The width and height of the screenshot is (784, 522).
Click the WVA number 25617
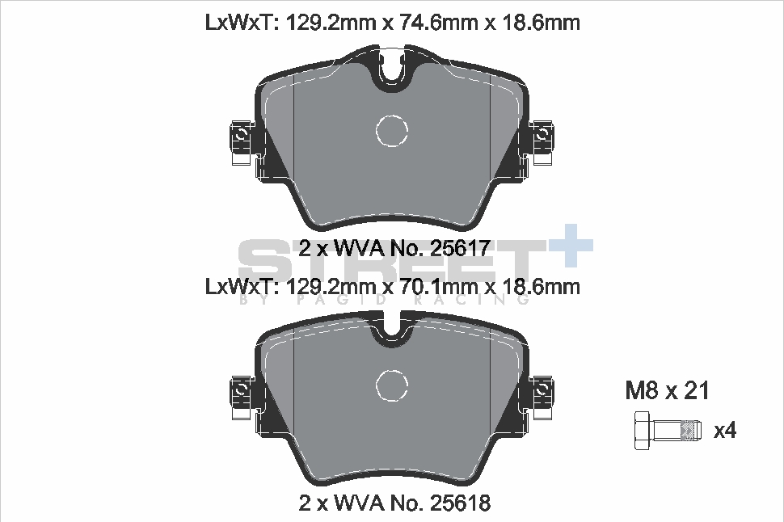[460, 248]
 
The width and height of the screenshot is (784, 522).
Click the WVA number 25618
[460, 503]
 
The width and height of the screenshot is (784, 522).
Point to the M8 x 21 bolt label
[667, 390]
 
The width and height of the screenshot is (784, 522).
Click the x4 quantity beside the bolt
[725, 430]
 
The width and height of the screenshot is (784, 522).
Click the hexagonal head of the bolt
[643, 431]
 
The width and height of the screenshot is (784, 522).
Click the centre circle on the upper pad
[391, 131]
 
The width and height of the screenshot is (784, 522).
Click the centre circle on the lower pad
[391, 385]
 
